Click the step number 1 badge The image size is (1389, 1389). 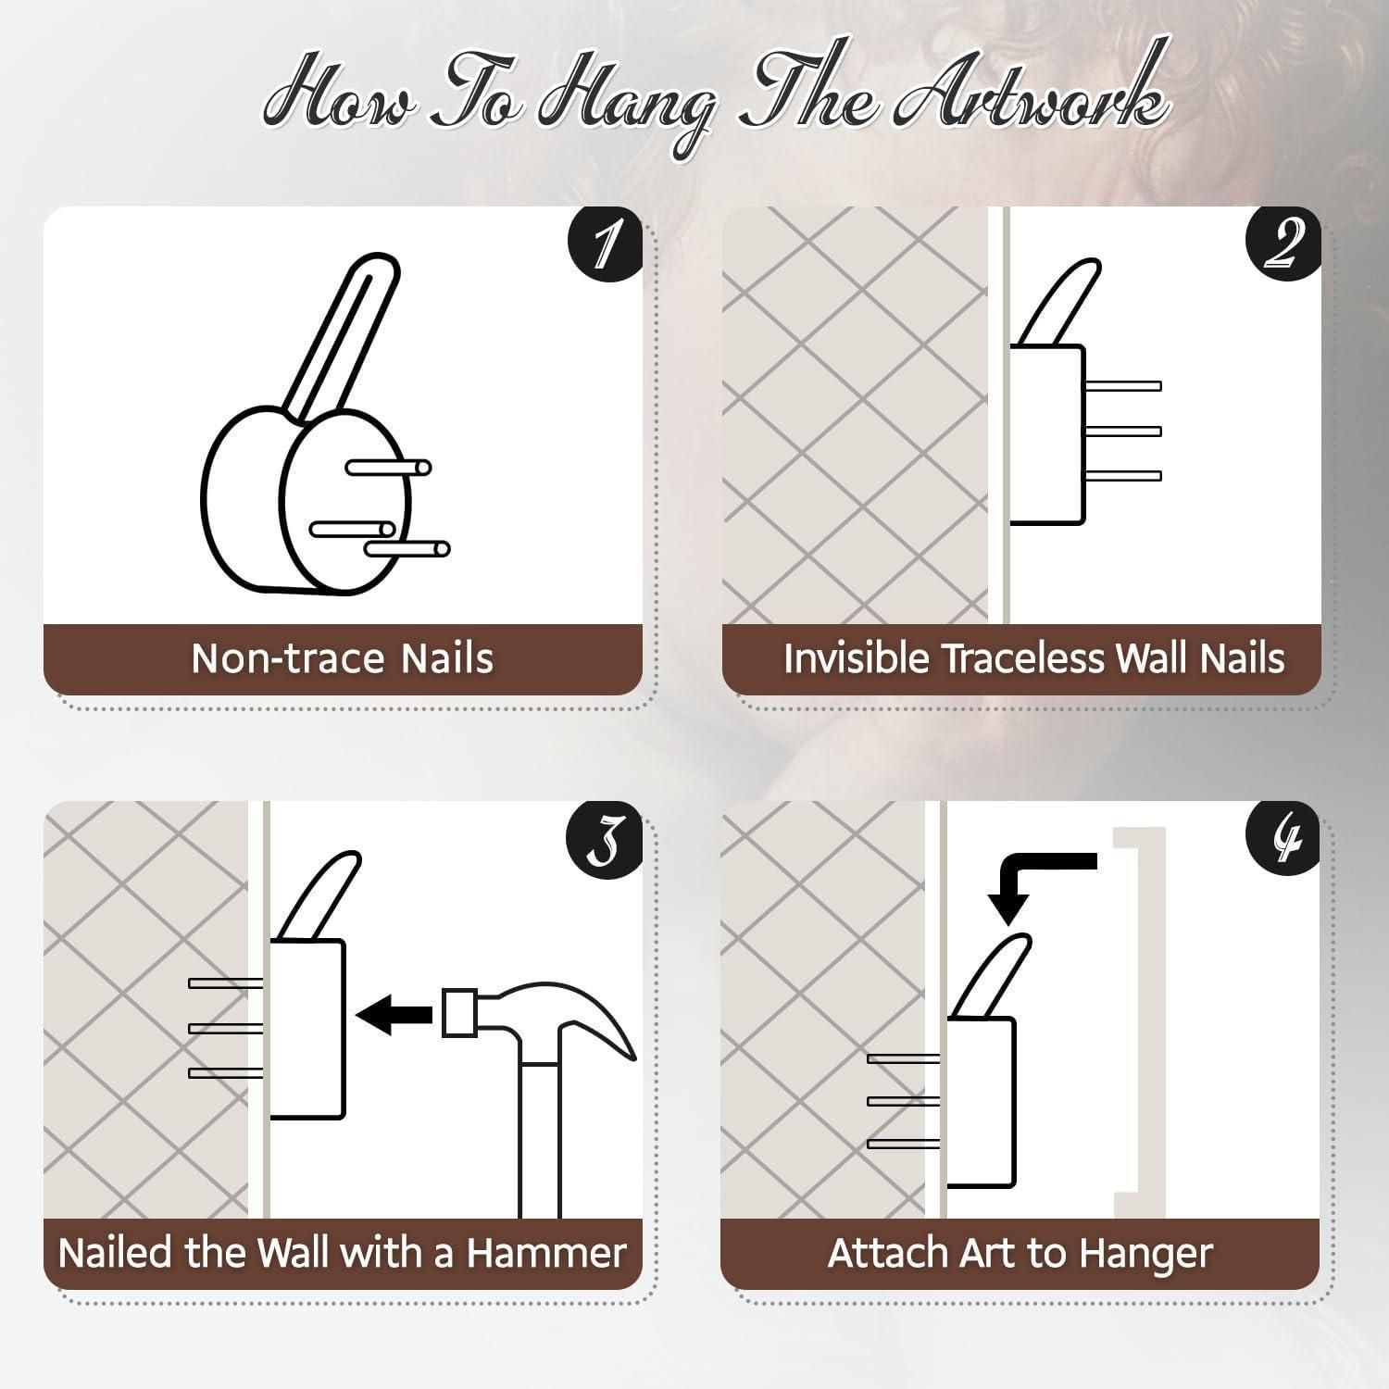pyautogui.click(x=605, y=242)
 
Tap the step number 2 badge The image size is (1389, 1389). pyautogui.click(x=1283, y=242)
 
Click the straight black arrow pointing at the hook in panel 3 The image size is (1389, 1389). pyautogui.click(x=394, y=1014)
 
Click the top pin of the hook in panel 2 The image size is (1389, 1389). pyautogui.click(x=1122, y=386)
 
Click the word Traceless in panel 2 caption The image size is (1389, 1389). pyautogui.click(x=1023, y=658)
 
